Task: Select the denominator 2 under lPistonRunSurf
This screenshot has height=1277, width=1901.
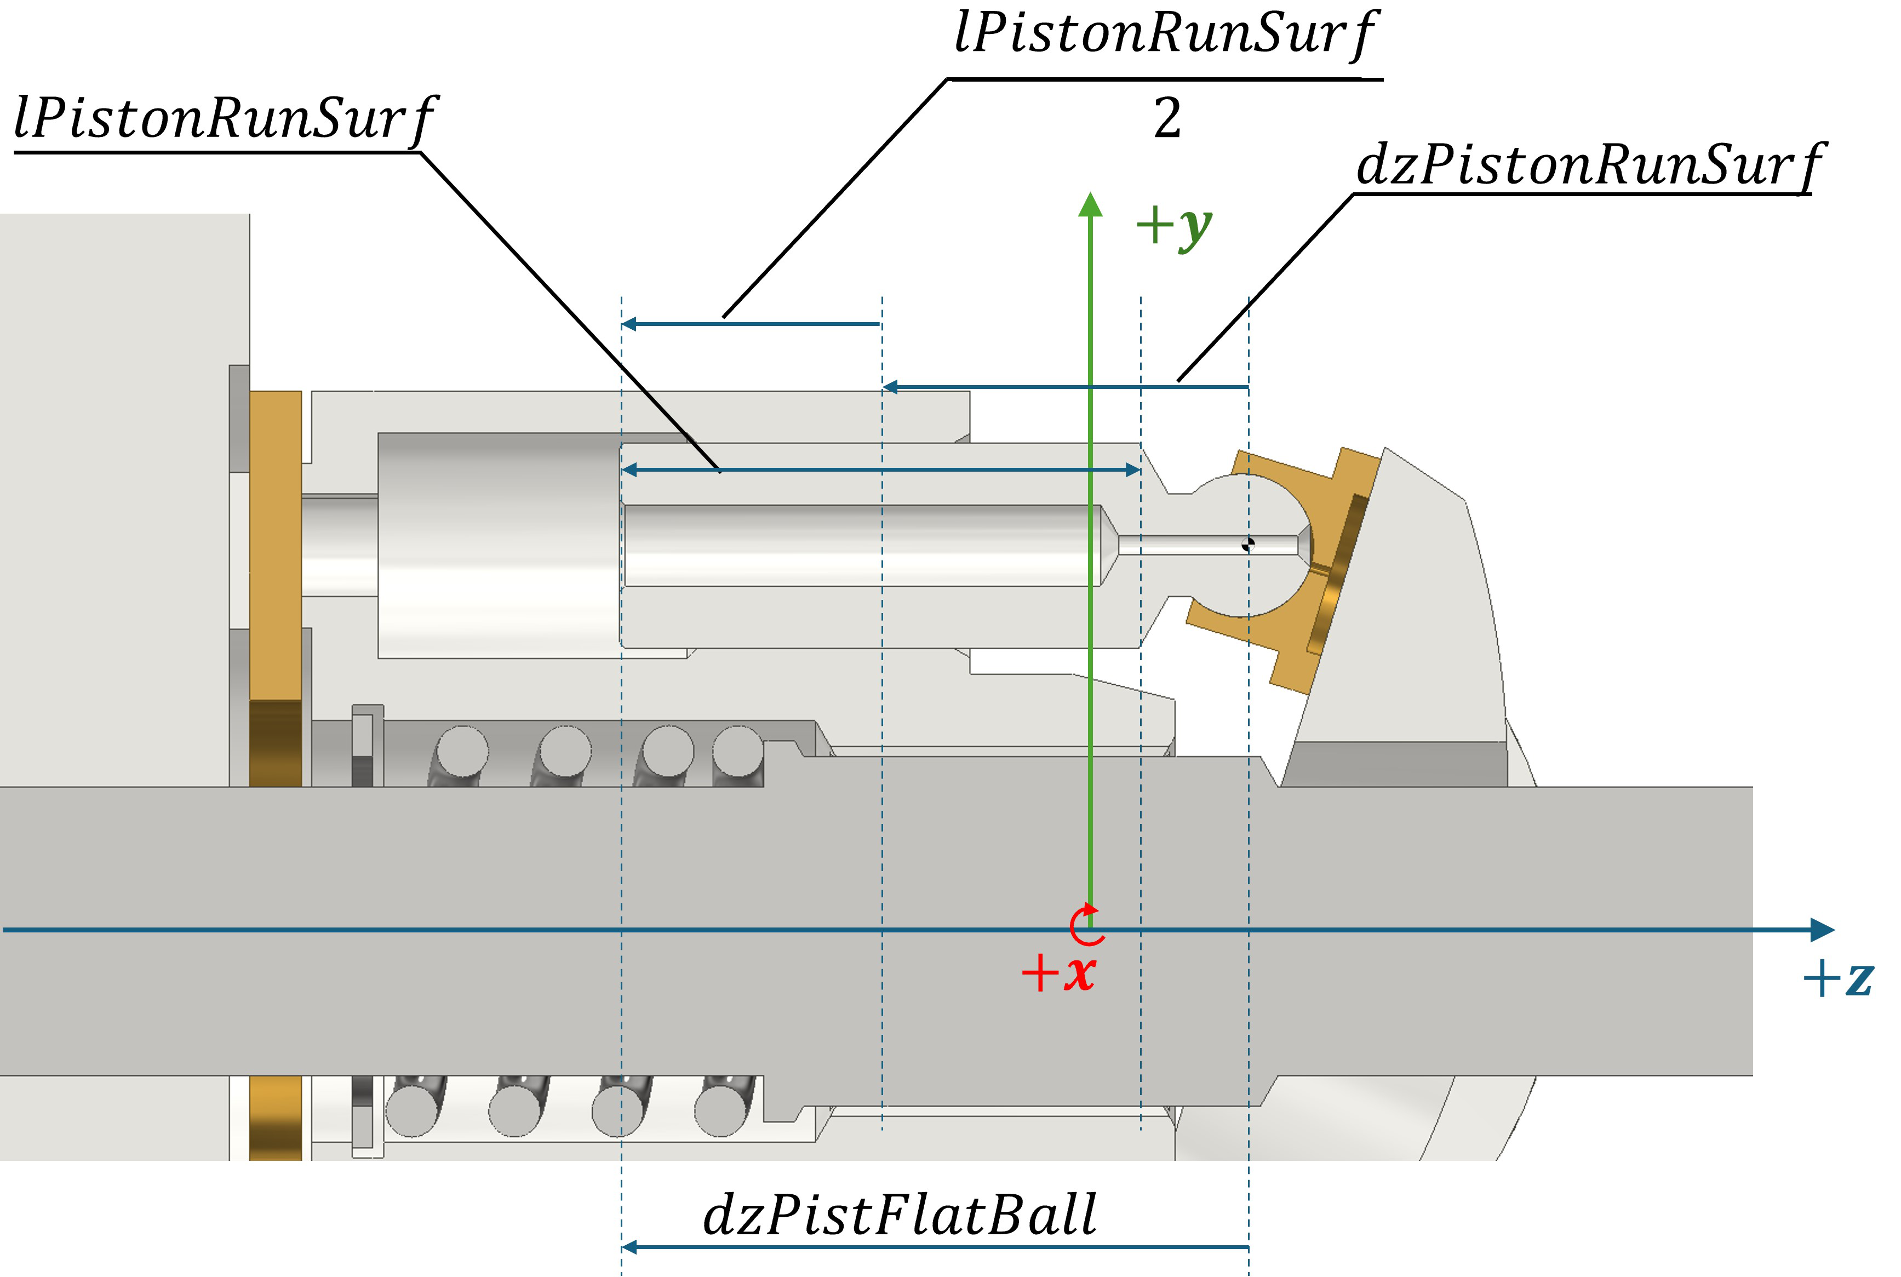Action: pyautogui.click(x=1166, y=119)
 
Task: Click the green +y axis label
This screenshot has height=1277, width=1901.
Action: pyautogui.click(x=1173, y=226)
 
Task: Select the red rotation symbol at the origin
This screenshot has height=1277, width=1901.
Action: pyautogui.click(x=1086, y=925)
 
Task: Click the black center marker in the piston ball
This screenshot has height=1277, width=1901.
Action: pyautogui.click(x=1248, y=544)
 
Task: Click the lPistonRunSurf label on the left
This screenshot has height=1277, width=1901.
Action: pyautogui.click(x=224, y=119)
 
